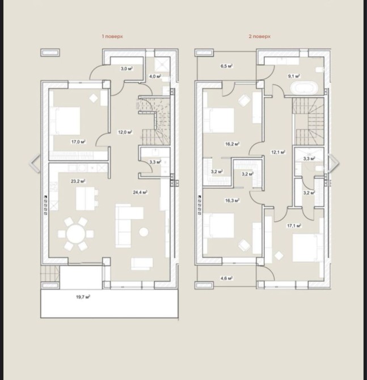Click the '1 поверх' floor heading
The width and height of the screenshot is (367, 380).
tap(112, 36)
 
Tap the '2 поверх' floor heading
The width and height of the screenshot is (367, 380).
tap(259, 36)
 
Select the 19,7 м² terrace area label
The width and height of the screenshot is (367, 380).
tap(83, 297)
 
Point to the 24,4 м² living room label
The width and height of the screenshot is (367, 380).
tap(140, 192)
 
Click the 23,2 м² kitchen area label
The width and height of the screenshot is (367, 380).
tap(78, 181)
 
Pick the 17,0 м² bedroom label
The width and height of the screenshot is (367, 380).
tap(78, 142)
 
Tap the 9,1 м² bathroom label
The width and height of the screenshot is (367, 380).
tap(294, 76)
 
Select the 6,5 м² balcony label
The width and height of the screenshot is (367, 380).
tap(227, 66)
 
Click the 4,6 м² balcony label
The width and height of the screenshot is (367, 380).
tap(227, 278)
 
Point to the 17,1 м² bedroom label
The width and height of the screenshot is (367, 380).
tap(294, 226)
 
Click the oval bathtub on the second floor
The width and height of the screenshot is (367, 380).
tap(304, 88)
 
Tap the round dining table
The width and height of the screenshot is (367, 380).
tap(76, 234)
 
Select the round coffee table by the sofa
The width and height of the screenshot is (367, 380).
tap(144, 232)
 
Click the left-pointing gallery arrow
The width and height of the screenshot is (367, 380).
tap(35, 163)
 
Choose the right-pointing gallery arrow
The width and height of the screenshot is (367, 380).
tap(334, 163)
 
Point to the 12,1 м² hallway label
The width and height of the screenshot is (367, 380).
tap(278, 152)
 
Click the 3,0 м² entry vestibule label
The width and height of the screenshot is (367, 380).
tap(126, 69)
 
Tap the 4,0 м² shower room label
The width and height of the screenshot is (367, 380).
tap(155, 77)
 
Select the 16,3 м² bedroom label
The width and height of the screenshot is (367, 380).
tap(232, 200)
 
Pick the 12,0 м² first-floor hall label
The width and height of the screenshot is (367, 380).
tap(125, 132)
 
